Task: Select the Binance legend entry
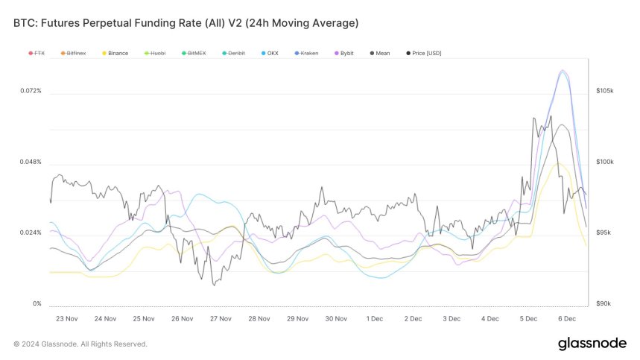point(115,54)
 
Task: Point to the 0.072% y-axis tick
point(31,91)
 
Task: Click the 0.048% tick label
point(31,162)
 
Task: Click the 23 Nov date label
point(67,319)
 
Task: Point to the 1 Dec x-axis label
point(374,319)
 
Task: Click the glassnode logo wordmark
point(592,344)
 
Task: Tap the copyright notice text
point(80,344)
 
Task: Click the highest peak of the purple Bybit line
point(563,71)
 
